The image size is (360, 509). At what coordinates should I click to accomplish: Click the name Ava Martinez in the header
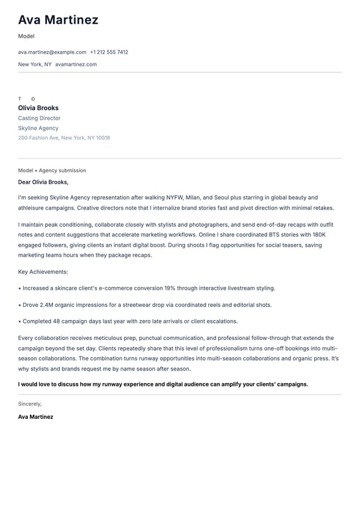(58, 20)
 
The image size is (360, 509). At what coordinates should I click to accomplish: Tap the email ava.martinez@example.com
(52, 52)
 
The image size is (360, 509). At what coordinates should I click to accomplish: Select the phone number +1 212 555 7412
(109, 52)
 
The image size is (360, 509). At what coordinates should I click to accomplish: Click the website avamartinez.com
(76, 64)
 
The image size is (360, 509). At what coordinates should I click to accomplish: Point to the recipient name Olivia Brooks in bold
(38, 108)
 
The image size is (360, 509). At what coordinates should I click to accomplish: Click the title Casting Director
(39, 118)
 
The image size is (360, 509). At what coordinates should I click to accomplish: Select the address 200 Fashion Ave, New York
(64, 138)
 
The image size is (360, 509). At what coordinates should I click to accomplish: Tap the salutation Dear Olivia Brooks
(43, 182)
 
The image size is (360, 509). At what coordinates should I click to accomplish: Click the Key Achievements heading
(43, 272)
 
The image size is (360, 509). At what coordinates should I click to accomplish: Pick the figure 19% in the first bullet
(169, 288)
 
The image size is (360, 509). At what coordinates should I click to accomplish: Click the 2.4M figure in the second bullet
(46, 305)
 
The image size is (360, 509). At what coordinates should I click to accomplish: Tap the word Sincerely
(30, 404)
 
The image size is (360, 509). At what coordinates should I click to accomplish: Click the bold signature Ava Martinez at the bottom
(36, 417)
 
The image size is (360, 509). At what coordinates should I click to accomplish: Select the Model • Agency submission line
(52, 170)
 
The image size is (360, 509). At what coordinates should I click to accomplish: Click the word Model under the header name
(26, 36)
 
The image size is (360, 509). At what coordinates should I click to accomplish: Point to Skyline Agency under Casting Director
(38, 128)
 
